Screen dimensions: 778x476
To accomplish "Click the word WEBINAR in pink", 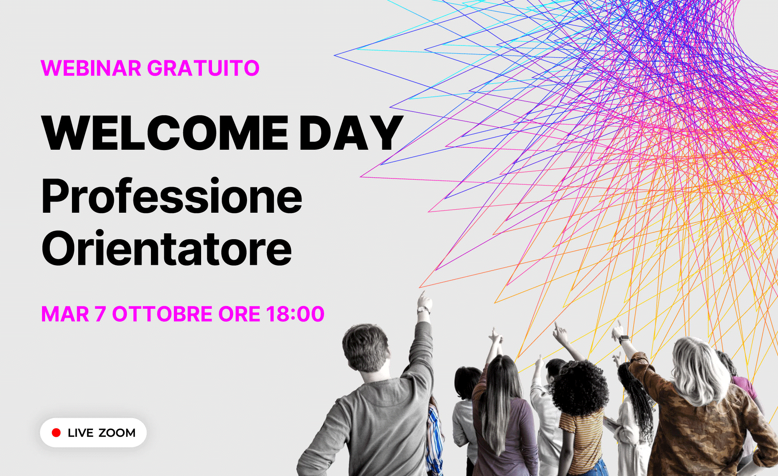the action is point(91,68).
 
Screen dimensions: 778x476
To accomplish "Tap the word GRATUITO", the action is point(203,68).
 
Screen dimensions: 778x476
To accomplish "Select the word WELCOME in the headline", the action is point(165,133).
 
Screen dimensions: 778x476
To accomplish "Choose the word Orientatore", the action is point(166,248).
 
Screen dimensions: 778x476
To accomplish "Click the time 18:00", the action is point(295,314).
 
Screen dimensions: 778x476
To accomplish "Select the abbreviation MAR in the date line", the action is point(65,314).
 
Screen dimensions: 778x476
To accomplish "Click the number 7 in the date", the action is point(100,314).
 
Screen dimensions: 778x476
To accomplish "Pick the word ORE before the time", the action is point(239,314).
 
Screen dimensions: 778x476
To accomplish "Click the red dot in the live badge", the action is point(56,433).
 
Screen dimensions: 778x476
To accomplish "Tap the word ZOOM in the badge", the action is point(117,433).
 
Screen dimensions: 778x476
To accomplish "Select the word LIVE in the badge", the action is point(81,433).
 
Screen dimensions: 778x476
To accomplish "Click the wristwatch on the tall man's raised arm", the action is point(423,310).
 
